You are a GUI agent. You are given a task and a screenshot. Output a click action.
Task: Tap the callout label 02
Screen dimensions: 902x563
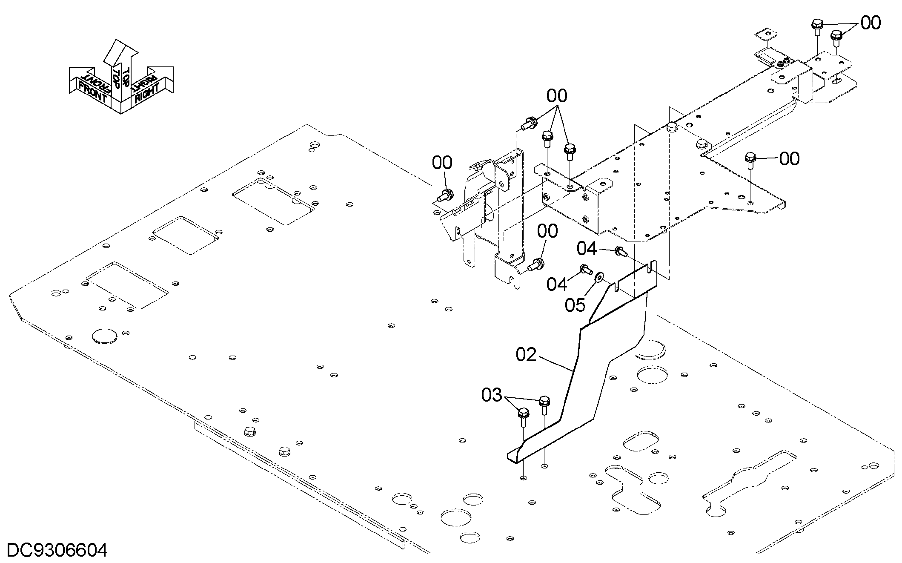(527, 355)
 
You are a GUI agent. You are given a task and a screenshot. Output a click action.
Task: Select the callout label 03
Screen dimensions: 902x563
(492, 396)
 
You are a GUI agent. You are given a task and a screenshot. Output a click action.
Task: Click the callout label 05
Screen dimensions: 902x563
(575, 305)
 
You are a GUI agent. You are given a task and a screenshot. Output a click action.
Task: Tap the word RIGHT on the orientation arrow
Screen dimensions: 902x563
(147, 93)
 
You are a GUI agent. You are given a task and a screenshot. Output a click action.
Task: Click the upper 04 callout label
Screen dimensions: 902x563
(587, 249)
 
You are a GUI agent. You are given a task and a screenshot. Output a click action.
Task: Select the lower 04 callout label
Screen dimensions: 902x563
(557, 284)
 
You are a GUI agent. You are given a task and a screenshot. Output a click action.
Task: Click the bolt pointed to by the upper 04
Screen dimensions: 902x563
(621, 252)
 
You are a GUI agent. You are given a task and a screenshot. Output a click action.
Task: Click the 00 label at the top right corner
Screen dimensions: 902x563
(871, 23)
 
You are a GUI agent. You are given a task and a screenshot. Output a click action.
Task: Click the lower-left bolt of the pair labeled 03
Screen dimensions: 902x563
(524, 417)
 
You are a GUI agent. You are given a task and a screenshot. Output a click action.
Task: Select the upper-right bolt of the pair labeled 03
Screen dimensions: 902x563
(544, 405)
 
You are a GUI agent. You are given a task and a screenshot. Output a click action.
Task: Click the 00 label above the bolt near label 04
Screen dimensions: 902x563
(547, 231)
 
